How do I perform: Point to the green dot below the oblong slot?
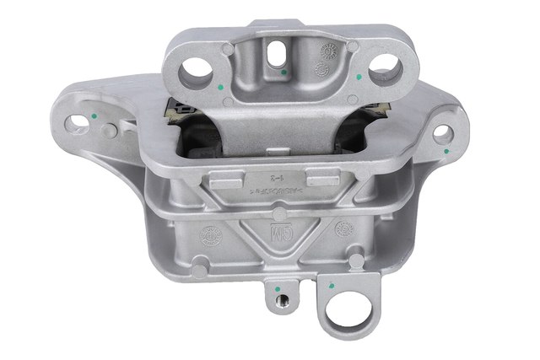click(284, 73)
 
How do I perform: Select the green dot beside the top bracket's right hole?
click(360, 77)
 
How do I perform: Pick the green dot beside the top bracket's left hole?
click(219, 85)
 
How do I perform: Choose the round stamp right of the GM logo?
click(343, 228)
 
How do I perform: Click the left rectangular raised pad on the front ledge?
click(221, 180)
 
